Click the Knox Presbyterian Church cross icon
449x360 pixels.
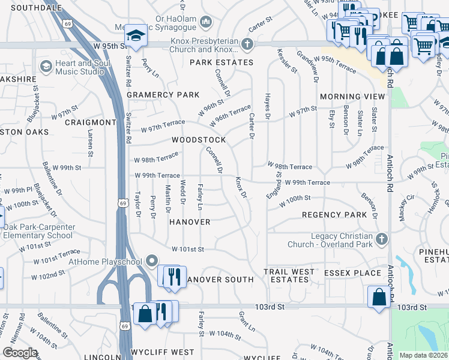246,44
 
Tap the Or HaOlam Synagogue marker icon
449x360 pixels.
206,22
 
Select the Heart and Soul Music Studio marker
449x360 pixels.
44,66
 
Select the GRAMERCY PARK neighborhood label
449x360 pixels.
163,95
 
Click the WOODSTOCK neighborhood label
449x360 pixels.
199,140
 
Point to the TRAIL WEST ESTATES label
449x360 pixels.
289,276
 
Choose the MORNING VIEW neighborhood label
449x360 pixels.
352,97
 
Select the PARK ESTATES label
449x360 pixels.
221,62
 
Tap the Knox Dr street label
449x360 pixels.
241,187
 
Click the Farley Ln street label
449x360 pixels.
200,197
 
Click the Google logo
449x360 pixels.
20,353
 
